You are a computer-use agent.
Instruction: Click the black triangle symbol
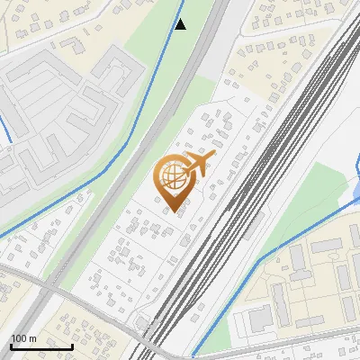(x=181, y=24)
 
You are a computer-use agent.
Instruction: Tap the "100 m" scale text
(x=24, y=338)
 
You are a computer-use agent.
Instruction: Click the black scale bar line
(x=41, y=346)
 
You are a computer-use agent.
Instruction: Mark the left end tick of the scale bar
(x=11, y=345)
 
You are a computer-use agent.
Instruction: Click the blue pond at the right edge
(x=355, y=189)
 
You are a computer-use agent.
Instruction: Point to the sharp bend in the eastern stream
(x=260, y=261)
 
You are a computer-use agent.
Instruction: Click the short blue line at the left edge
(x=4, y=126)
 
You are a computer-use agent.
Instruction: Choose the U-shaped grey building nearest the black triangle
(x=117, y=72)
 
